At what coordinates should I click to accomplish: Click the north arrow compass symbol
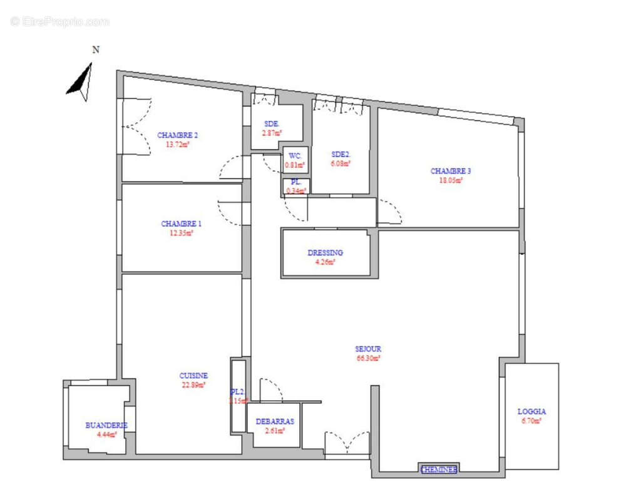click(81, 83)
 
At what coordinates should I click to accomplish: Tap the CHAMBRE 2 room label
click(178, 135)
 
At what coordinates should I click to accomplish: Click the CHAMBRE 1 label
click(182, 224)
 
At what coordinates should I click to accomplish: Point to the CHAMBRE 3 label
click(451, 171)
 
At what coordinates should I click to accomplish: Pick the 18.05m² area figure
click(451, 180)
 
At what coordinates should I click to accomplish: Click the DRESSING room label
click(326, 253)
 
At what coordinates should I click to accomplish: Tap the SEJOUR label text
click(368, 349)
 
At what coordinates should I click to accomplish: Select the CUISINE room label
click(193, 376)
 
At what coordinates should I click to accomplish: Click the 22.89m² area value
click(193, 385)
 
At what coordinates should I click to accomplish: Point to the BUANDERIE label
click(106, 425)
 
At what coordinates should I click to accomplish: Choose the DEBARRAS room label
click(275, 421)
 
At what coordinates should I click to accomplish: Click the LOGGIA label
click(531, 411)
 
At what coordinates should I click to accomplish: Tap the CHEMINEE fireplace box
click(439, 469)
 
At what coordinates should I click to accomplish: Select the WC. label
click(295, 156)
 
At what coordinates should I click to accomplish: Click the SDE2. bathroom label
click(341, 154)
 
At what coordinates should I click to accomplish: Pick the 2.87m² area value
click(272, 133)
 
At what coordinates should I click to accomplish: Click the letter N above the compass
click(96, 50)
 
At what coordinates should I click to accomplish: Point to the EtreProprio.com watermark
click(60, 22)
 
